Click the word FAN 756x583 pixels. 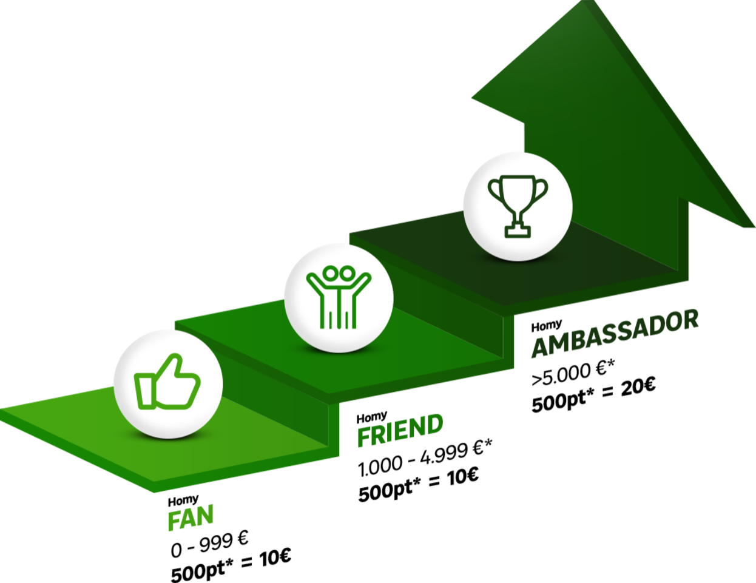(191, 517)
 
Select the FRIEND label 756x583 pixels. (400, 431)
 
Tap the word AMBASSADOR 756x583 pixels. (615, 334)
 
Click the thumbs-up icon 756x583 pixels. (167, 383)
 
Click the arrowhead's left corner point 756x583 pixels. (473, 97)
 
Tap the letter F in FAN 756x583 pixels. (175, 521)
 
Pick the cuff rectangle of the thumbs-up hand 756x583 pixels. (144, 391)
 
